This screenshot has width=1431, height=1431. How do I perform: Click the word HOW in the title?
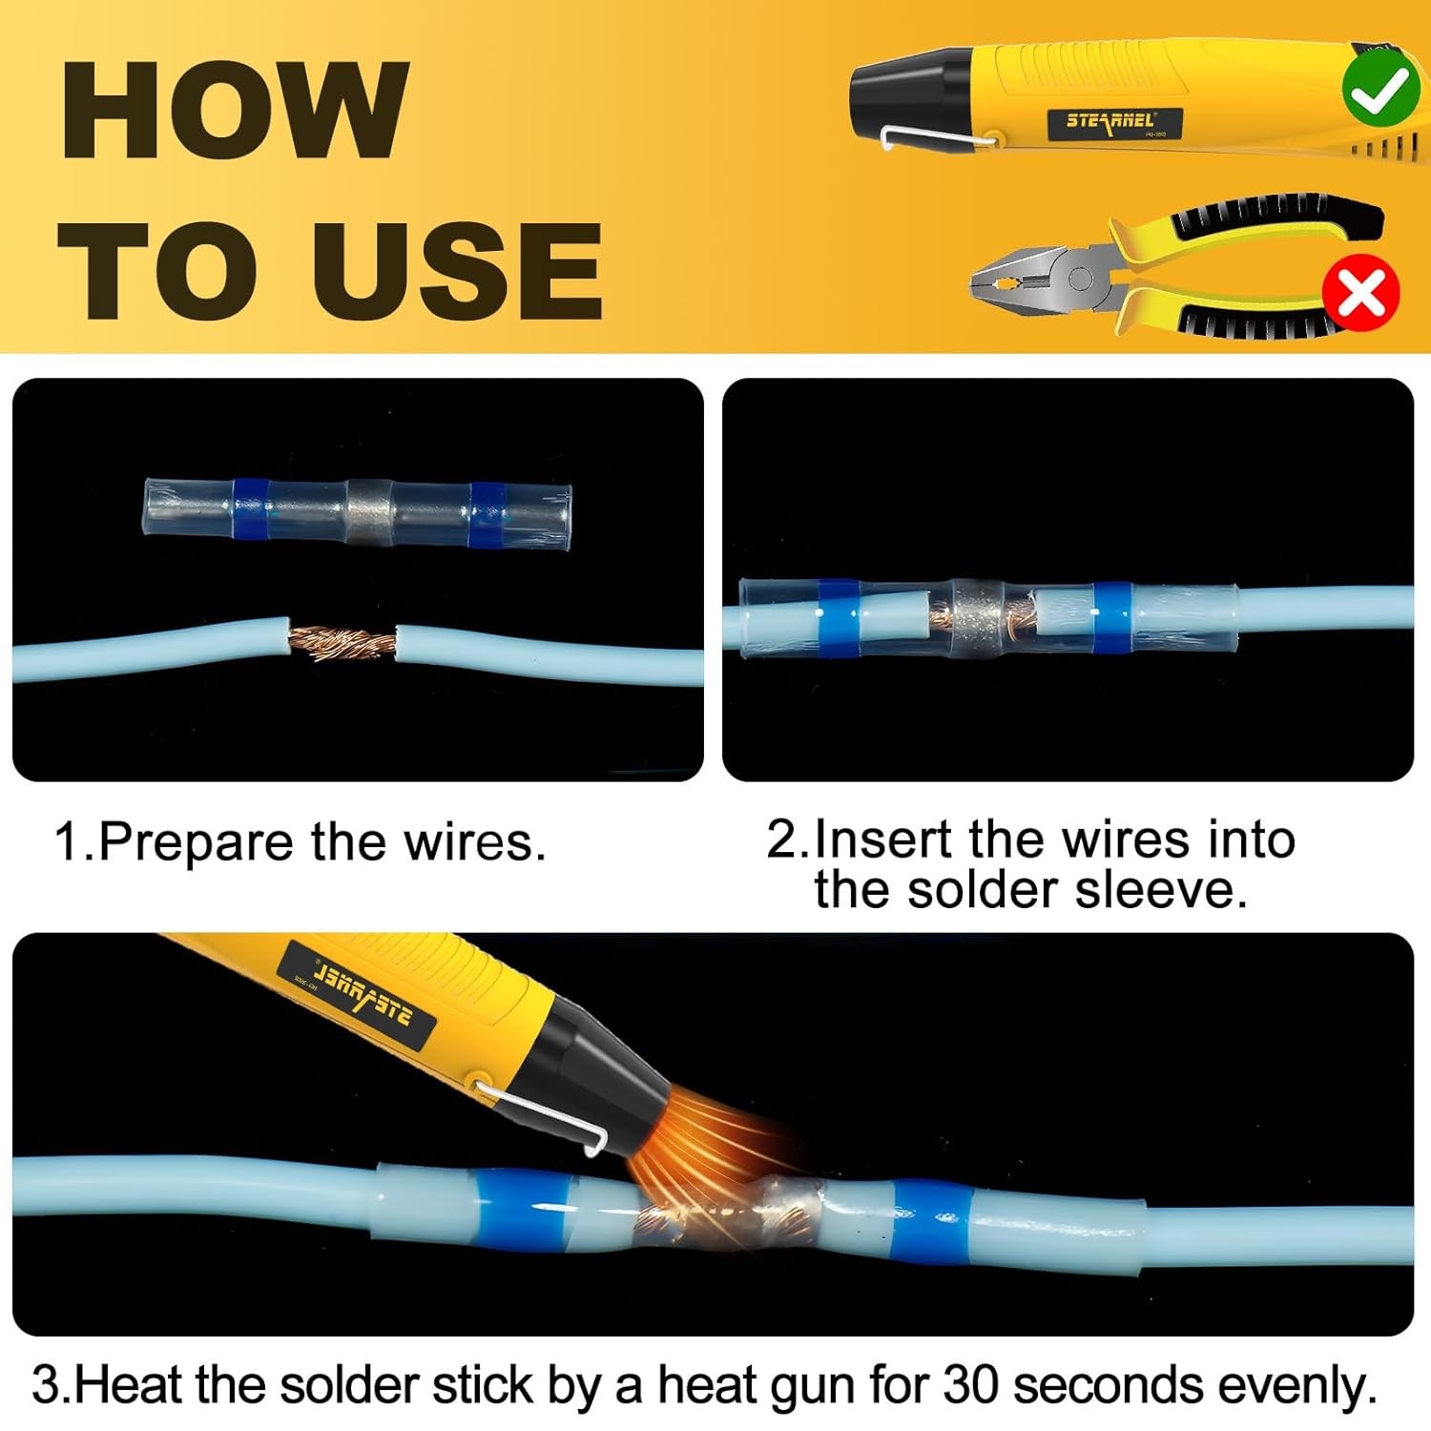[236, 110]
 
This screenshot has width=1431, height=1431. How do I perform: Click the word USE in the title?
[457, 272]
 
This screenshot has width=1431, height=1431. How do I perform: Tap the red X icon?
[1360, 293]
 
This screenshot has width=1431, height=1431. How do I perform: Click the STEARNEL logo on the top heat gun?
[1110, 121]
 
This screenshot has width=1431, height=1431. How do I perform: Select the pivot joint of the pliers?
[1080, 279]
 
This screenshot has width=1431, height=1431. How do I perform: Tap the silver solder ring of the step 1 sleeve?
[368, 511]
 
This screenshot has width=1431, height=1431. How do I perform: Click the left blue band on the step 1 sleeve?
[250, 510]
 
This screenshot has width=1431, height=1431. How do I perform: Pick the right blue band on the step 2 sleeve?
[1110, 617]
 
